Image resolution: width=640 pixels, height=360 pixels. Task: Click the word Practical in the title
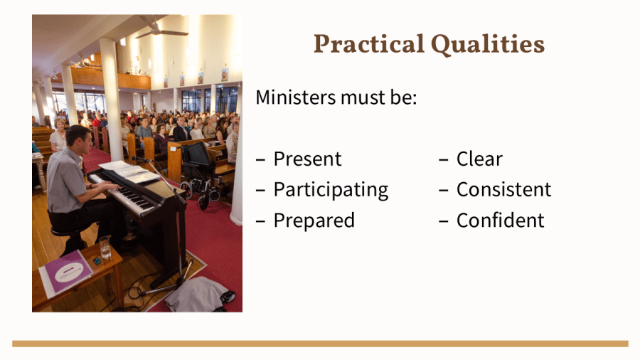click(x=369, y=43)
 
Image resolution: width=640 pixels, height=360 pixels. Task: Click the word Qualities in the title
click(x=488, y=45)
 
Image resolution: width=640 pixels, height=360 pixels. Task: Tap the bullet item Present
click(x=307, y=159)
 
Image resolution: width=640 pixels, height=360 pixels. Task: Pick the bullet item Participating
click(x=331, y=190)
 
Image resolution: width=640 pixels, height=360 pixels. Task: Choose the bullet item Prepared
click(x=314, y=221)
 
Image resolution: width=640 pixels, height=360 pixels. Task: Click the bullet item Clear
click(x=479, y=159)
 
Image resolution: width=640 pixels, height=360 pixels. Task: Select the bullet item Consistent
click(x=503, y=189)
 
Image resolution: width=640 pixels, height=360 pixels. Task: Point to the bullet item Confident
click(x=500, y=221)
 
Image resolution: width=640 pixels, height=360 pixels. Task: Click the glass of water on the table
click(x=105, y=247)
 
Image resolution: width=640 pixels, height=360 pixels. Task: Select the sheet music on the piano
click(x=130, y=171)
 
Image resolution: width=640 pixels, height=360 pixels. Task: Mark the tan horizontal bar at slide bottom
click(x=320, y=344)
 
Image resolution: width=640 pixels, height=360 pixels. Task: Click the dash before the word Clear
click(x=444, y=160)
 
